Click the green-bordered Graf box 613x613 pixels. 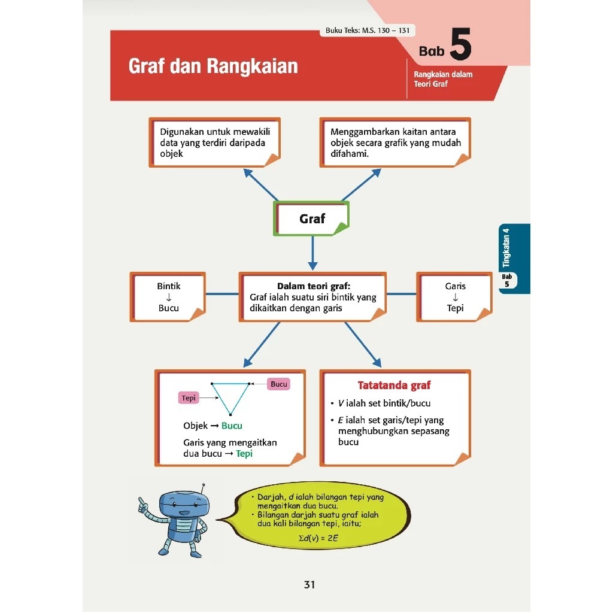click(311, 219)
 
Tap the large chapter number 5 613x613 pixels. click(460, 48)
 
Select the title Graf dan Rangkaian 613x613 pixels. click(213, 66)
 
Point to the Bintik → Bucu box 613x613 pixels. click(168, 297)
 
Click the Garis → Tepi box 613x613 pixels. click(455, 297)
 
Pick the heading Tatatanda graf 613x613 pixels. click(394, 386)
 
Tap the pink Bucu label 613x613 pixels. click(279, 384)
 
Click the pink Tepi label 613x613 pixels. click(189, 398)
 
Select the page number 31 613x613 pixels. click(309, 585)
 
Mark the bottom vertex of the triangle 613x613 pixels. click(230, 414)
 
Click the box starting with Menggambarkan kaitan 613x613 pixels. click(395, 142)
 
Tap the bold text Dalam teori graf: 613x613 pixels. click(313, 286)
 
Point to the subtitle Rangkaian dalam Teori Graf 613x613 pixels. click(443, 79)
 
